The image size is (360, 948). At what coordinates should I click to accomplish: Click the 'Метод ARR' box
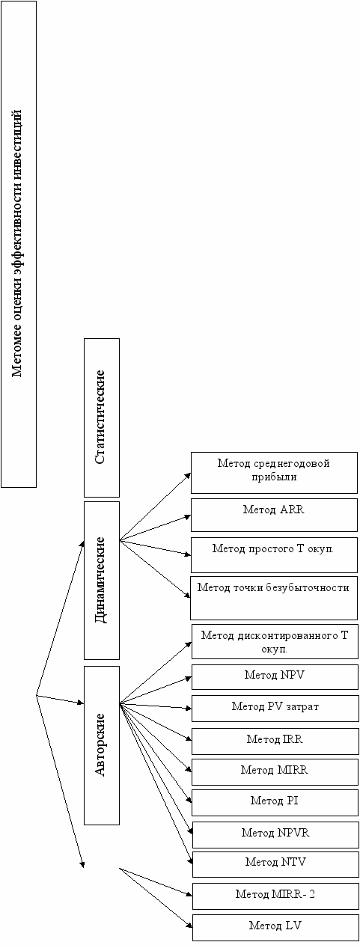point(274,515)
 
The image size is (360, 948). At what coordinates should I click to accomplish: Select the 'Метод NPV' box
point(275,676)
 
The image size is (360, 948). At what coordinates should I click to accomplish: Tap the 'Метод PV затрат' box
point(275,708)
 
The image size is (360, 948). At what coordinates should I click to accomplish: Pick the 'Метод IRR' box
point(275,741)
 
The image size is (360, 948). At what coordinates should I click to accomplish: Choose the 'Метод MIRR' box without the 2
point(275,772)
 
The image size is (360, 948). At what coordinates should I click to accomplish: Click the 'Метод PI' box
point(275,802)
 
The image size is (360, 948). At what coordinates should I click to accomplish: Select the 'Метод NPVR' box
point(275,834)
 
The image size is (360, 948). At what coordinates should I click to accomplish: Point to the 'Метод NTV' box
point(275,864)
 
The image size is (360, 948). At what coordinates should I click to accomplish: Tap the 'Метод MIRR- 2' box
point(275,896)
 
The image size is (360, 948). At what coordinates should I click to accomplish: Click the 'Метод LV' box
point(275,927)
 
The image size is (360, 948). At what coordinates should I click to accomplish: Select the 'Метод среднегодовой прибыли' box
point(274,473)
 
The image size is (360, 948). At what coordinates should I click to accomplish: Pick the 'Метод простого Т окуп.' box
point(274,555)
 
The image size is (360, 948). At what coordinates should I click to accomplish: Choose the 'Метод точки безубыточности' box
point(274,598)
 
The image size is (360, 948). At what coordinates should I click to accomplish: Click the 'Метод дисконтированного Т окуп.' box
point(275,641)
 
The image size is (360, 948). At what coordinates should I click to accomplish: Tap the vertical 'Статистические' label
point(100,418)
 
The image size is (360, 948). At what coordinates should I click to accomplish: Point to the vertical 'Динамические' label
point(100,580)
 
